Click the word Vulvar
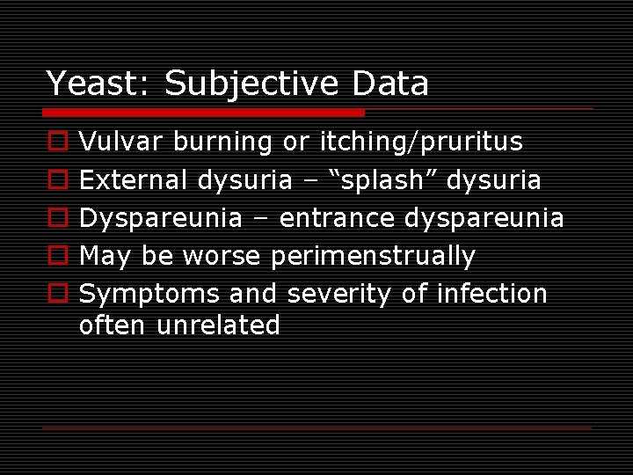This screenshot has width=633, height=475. coord(121,141)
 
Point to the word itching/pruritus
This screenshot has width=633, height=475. coord(421,141)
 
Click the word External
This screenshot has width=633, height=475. coord(135,179)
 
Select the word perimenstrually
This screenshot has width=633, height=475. coord(373,256)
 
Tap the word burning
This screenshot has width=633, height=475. coord(222,142)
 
